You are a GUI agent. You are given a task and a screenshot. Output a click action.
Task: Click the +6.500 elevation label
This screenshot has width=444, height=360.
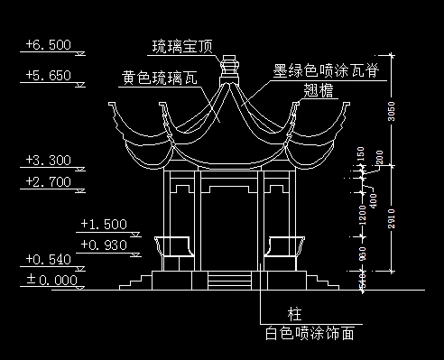click(49, 43)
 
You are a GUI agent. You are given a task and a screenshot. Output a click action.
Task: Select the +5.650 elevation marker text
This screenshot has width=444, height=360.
click(49, 76)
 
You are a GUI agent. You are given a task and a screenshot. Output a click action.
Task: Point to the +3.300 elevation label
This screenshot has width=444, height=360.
click(49, 162)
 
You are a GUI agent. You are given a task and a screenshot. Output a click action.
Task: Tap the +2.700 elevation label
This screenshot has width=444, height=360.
click(49, 182)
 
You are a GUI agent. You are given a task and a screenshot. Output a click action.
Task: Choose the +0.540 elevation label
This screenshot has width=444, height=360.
click(49, 260)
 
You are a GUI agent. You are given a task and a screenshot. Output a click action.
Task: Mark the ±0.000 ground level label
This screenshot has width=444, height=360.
click(49, 280)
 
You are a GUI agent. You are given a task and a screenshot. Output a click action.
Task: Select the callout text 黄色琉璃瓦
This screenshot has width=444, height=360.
click(159, 78)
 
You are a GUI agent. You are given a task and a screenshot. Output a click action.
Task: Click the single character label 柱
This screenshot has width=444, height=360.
click(294, 314)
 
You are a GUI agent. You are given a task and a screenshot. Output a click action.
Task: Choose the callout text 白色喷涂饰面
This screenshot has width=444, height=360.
click(309, 334)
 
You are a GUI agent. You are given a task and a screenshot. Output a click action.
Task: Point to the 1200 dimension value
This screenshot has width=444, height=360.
click(362, 216)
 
